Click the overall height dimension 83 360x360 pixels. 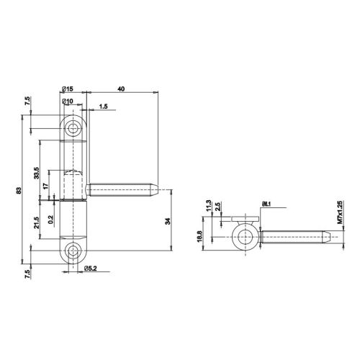coord(17,191)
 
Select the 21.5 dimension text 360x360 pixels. coord(37,222)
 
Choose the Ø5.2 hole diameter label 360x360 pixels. coord(92,269)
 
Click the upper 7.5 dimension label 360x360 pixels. coord(28,103)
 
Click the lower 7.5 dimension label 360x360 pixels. coord(28,274)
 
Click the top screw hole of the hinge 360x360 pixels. coord(73,129)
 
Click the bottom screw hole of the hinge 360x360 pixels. coord(73,252)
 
